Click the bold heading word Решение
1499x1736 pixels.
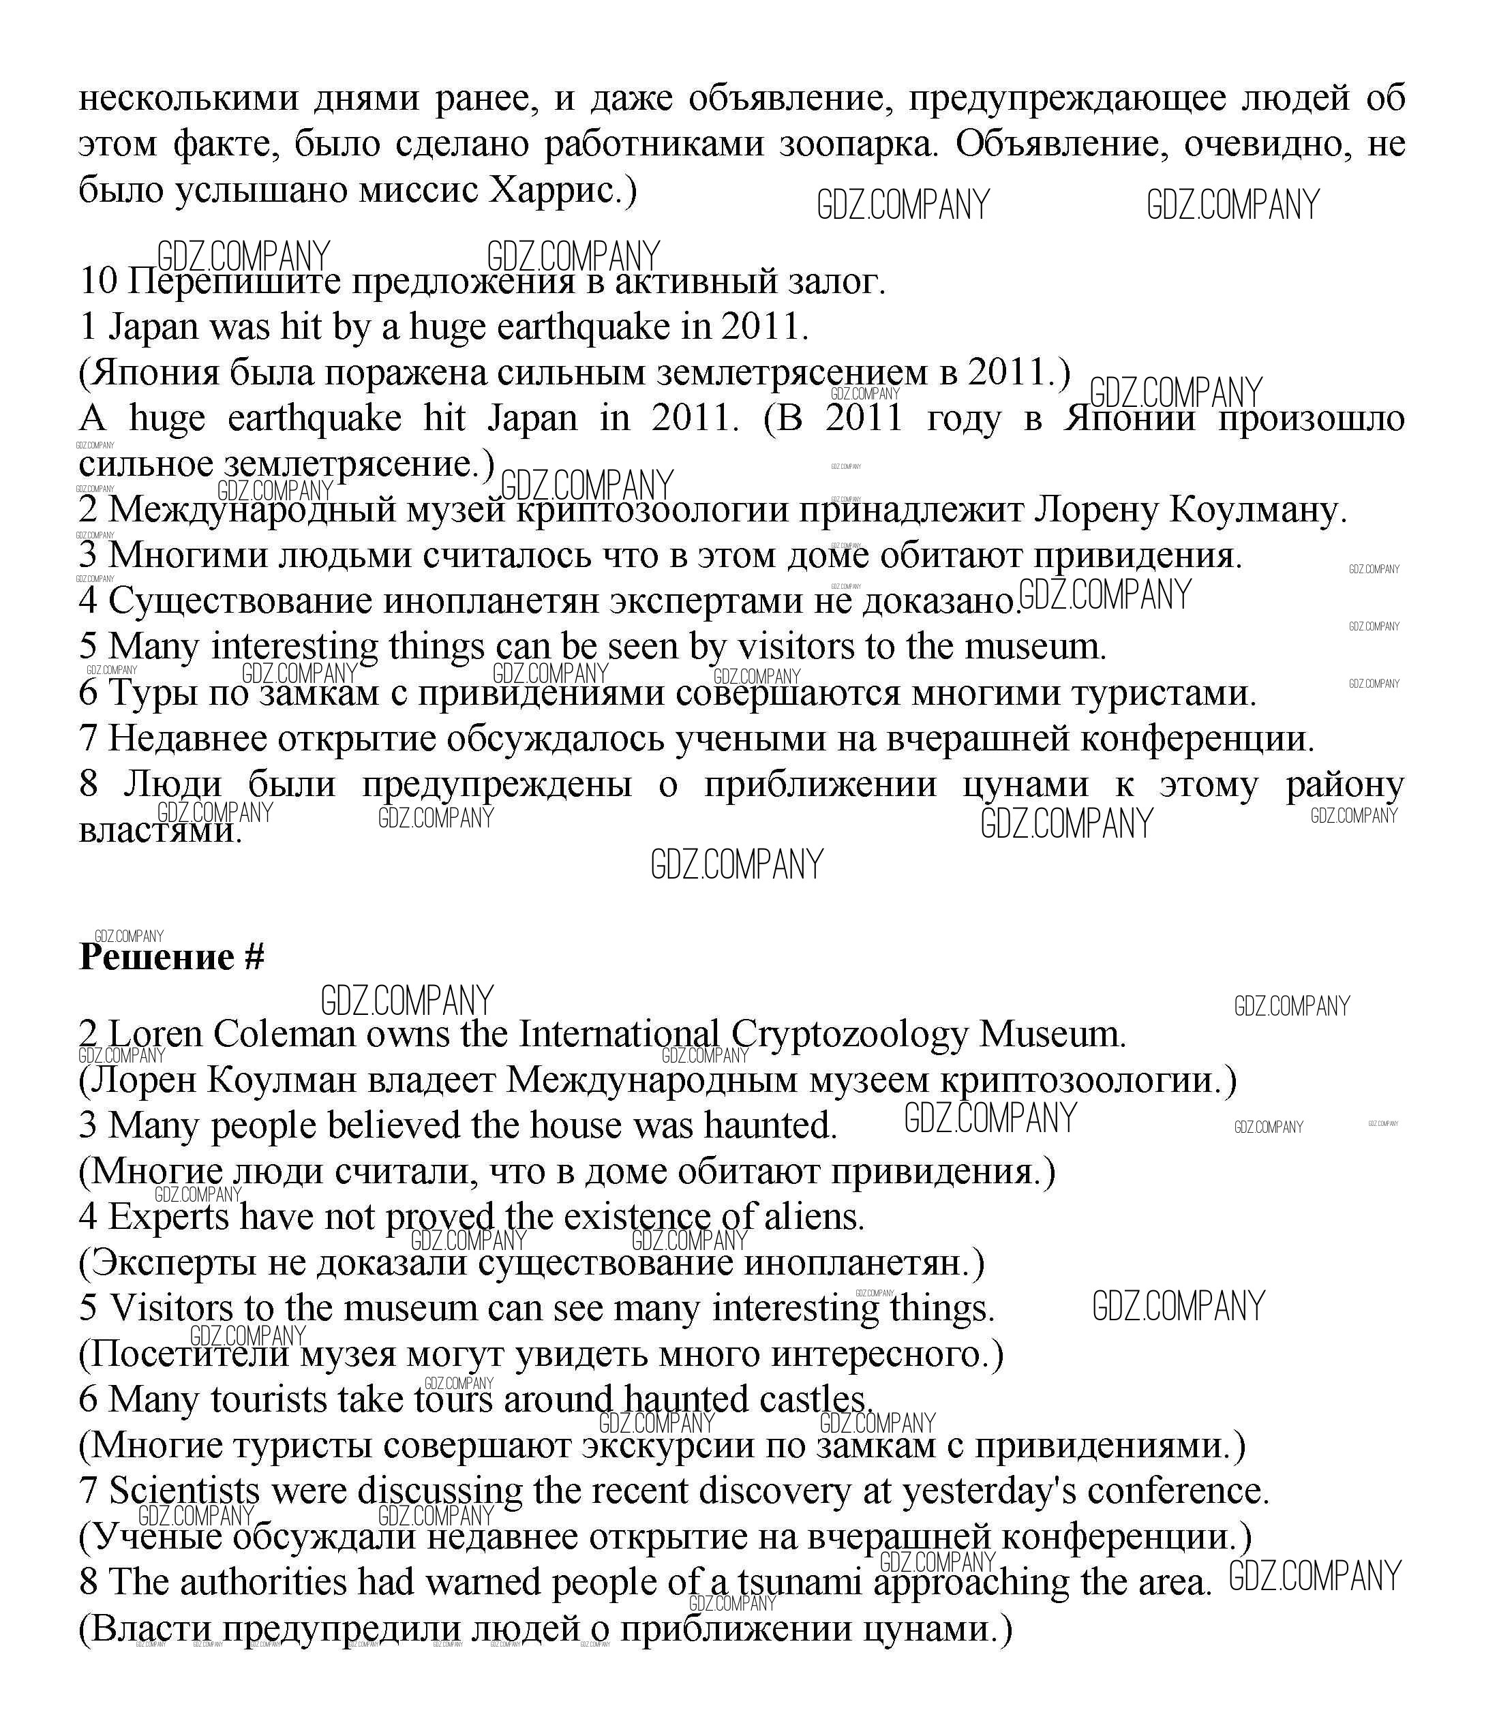(156, 958)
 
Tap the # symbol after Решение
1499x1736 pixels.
(255, 958)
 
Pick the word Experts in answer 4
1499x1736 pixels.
(168, 1217)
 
